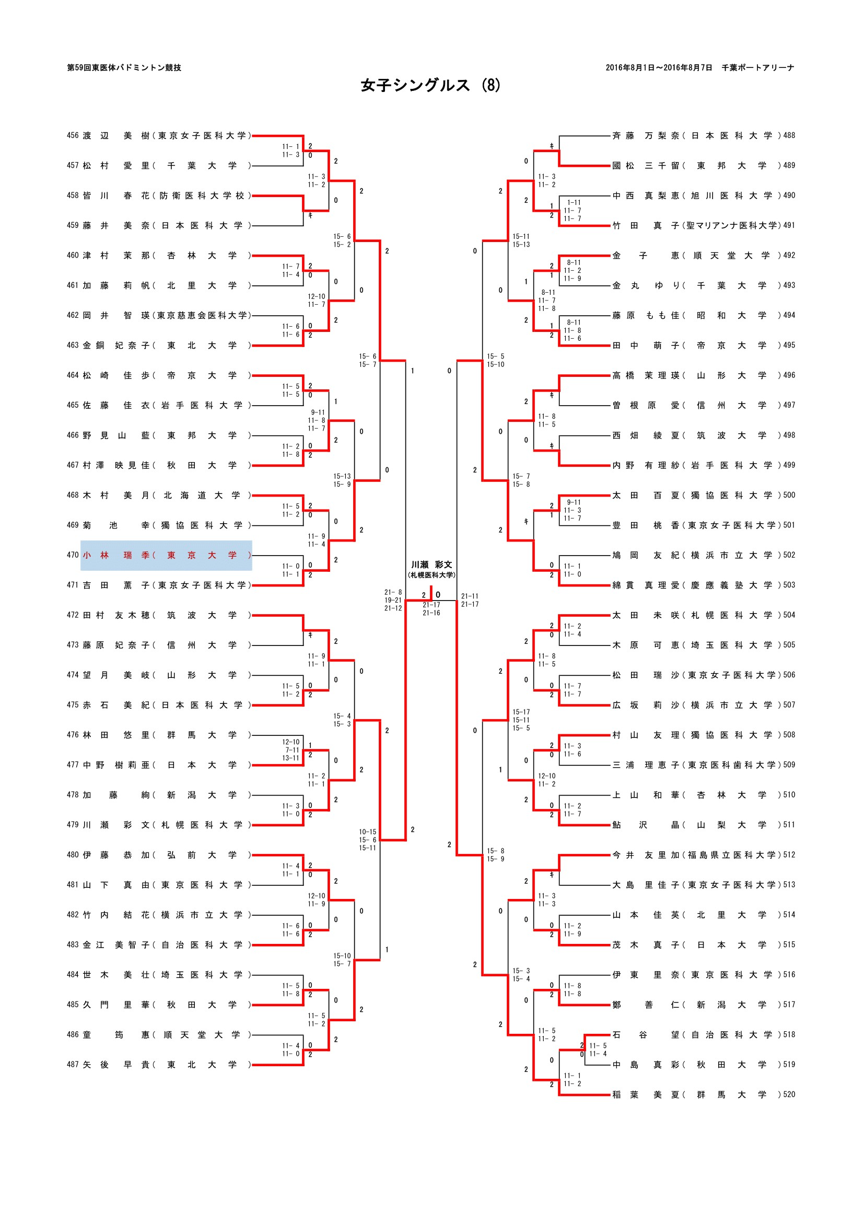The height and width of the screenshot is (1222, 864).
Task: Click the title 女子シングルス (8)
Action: point(430,85)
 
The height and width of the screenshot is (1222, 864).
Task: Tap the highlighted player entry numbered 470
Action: point(166,555)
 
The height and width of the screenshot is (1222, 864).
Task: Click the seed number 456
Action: point(73,136)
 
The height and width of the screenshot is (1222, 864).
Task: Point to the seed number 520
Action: point(789,1094)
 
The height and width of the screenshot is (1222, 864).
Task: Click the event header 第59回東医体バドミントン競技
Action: point(124,67)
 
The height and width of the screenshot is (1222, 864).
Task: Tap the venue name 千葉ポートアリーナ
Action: point(757,67)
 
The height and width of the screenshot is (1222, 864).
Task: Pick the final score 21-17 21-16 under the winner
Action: point(431,609)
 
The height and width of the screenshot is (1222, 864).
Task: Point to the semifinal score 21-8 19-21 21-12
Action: point(393,600)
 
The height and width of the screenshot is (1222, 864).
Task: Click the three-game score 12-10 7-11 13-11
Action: point(290,750)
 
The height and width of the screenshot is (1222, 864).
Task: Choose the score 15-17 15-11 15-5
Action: point(521,720)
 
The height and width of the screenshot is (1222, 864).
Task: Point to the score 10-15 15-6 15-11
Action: point(367,840)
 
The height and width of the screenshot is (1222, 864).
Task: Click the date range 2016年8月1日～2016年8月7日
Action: point(659,67)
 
